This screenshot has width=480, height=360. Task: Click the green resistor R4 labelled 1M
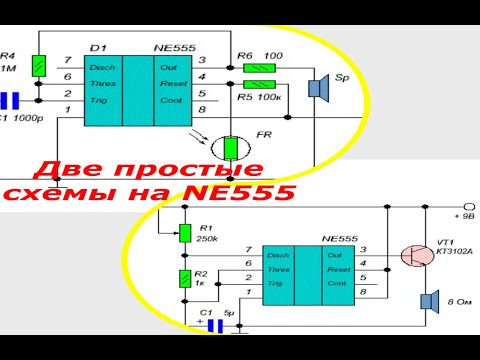coord(37,65)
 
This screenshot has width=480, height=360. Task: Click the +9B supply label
coord(465,214)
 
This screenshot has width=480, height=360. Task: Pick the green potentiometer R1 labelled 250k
coord(186,233)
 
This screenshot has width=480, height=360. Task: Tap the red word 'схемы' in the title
coord(59,192)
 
